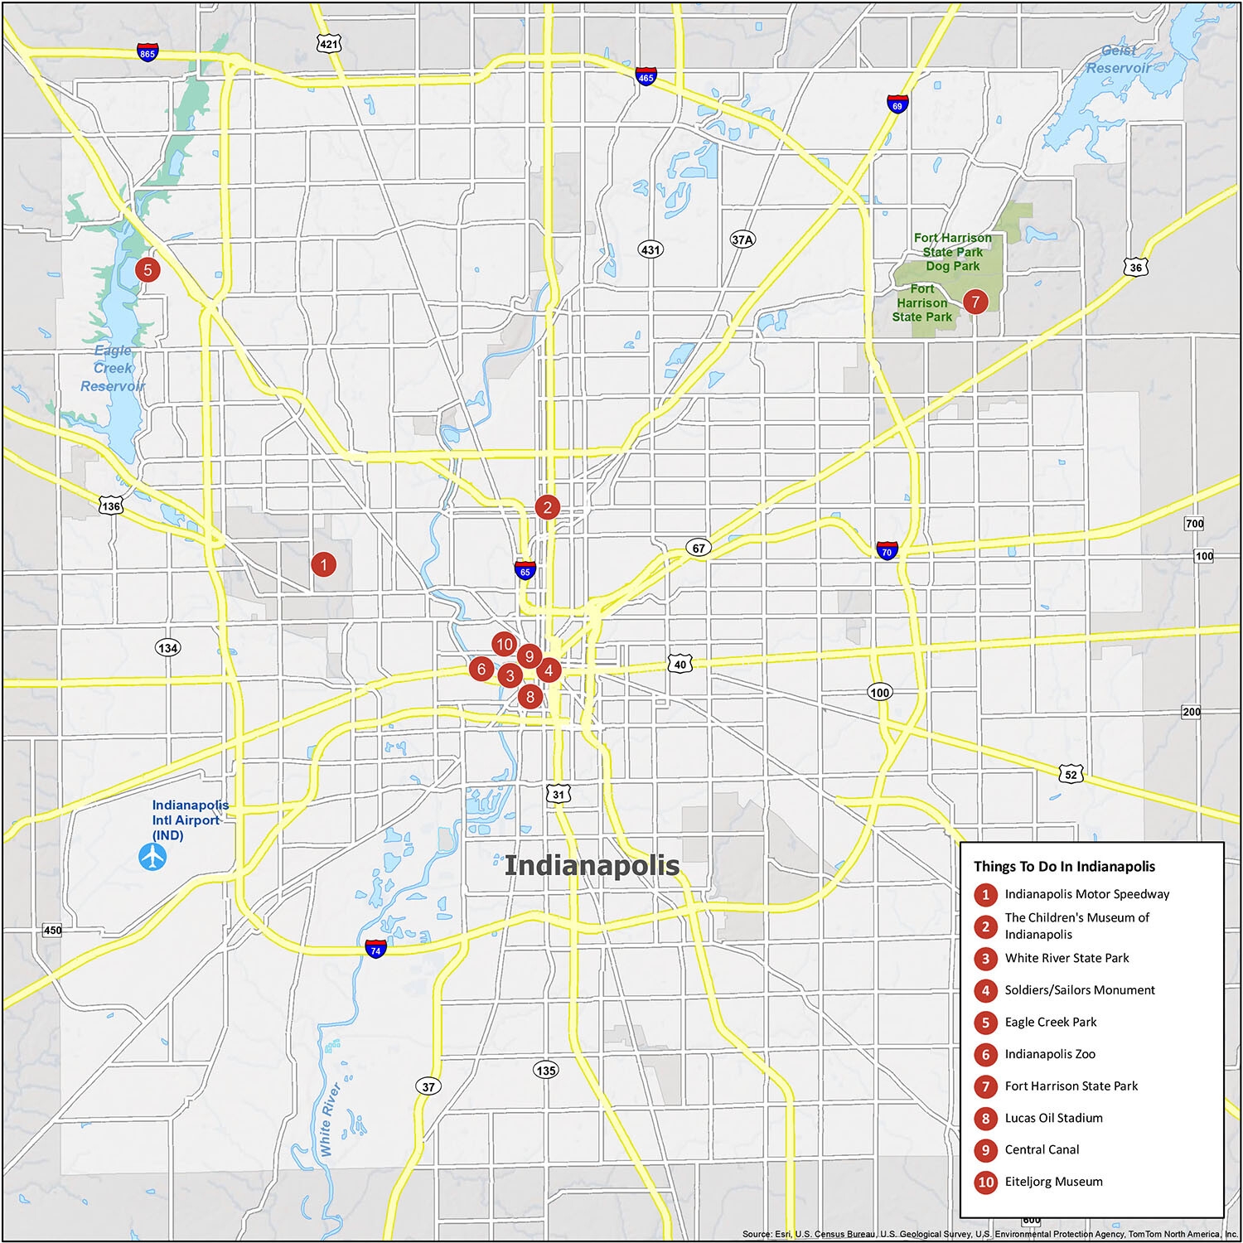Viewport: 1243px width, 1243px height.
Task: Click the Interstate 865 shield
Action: [x=148, y=52]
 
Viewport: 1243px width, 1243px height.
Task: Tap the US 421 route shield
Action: [x=330, y=43]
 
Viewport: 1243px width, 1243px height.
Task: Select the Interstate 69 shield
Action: [x=897, y=104]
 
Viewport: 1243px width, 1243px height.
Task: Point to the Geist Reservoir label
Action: [x=1119, y=60]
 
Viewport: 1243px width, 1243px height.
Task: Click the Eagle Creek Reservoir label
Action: [x=113, y=368]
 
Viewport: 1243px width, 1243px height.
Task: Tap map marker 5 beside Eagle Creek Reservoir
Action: [x=148, y=269]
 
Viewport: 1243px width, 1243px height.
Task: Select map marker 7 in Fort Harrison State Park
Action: [x=975, y=302]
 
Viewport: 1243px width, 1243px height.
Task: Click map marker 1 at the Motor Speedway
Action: [x=323, y=565]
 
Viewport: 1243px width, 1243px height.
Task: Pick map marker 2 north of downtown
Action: [x=547, y=507]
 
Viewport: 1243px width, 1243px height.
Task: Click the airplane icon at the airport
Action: [x=152, y=857]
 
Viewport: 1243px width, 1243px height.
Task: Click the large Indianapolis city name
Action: [x=592, y=866]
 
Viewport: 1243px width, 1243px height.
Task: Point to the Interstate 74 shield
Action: [x=375, y=949]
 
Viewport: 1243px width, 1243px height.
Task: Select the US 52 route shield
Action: [x=1071, y=774]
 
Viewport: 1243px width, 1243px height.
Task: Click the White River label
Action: [x=330, y=1119]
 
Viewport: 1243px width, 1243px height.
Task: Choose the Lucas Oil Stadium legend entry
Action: [x=1053, y=1118]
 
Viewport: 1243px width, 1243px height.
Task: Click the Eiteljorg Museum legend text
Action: [x=1053, y=1182]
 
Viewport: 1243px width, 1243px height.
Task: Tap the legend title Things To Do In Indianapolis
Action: [x=1064, y=867]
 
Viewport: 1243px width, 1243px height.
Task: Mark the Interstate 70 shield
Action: [x=887, y=550]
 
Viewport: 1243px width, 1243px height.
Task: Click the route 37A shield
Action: [x=742, y=240]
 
